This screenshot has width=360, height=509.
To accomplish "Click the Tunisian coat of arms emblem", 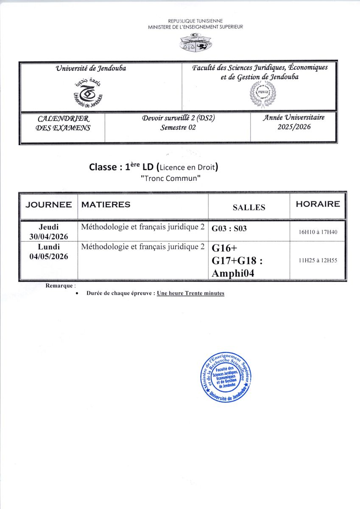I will tap(195, 43).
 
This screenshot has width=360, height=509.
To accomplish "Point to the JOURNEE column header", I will tap(48, 204).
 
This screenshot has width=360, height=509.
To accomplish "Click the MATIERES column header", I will tap(106, 204).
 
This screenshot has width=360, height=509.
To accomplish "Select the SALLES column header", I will tap(249, 207).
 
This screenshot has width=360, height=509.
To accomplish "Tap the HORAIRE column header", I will tap(318, 204).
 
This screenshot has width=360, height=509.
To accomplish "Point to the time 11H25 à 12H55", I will tap(318, 260).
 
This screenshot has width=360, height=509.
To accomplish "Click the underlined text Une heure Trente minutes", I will tap(190, 293).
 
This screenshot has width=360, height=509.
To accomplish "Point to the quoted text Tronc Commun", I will tap(170, 179).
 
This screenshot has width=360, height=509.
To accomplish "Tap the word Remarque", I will tap(59, 285).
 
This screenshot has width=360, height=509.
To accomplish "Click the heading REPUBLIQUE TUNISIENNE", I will tap(195, 21).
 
